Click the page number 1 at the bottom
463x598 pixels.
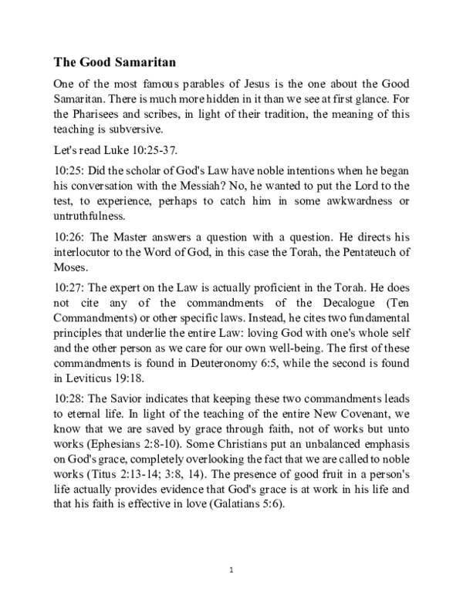click(231, 571)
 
